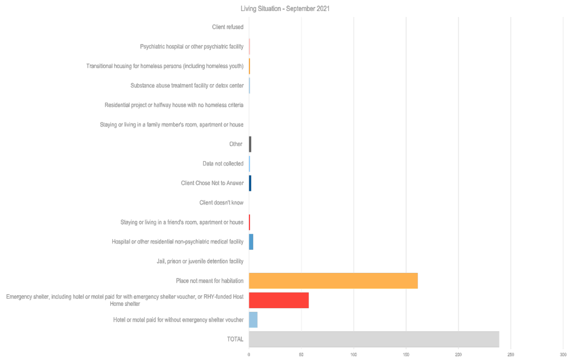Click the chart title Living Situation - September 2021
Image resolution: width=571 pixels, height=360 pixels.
coord(285,9)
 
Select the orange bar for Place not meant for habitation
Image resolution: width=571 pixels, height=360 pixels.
coord(333,281)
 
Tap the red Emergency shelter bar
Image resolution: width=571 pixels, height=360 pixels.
coord(279,301)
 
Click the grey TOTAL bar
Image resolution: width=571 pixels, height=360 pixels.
coord(374,339)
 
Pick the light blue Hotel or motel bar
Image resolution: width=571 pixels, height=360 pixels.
coord(253,320)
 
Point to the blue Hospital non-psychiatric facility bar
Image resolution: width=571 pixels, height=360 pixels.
coord(251,242)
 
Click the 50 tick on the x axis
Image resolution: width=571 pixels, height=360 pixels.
coord(301,355)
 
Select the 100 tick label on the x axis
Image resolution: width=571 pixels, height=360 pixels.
coord(354,355)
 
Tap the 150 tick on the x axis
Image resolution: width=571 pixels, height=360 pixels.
coord(406,355)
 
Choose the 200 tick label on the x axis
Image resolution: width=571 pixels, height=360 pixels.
coord(458,355)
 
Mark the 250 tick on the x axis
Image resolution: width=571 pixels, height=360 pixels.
coord(511,355)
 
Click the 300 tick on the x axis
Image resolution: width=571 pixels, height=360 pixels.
coord(562,355)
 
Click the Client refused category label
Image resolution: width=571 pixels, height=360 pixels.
coord(227,27)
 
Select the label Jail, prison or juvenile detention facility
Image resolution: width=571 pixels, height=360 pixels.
coord(200,261)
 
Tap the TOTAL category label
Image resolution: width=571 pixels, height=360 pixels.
coord(236,339)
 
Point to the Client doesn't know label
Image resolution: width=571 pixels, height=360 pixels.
coord(221,203)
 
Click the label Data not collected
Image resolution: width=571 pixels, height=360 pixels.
coord(223,164)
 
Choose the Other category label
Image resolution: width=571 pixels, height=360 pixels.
coord(236,144)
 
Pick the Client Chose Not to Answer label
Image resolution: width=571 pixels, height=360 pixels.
coord(212,183)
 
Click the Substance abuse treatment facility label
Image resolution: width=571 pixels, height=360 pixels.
coord(187,86)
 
